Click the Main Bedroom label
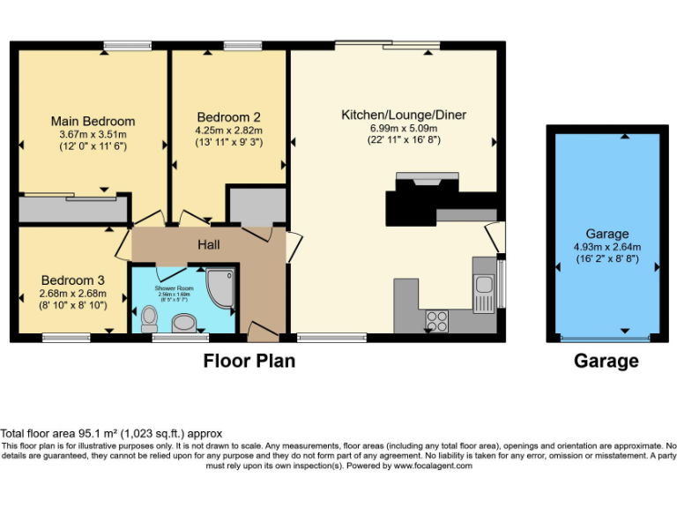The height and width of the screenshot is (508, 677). [x=93, y=121]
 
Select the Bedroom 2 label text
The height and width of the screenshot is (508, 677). [x=228, y=116]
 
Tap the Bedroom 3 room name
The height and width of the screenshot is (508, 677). [x=72, y=280]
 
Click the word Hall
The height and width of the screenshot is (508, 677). [x=209, y=244]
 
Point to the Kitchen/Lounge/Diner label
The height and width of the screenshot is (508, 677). [x=404, y=115]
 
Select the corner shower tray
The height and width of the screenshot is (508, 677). [x=219, y=284]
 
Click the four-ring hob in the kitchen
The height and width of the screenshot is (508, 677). [x=438, y=319]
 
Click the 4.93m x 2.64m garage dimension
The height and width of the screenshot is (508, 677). [x=607, y=247]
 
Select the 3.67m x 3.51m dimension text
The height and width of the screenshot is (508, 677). [x=93, y=134]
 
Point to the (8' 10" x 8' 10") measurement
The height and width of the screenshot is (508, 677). [x=72, y=305]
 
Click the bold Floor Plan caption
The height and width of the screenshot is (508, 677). [x=249, y=361]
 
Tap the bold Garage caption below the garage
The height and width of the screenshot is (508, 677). [x=606, y=361]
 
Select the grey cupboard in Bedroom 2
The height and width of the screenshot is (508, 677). [x=257, y=205]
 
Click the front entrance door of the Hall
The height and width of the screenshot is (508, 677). [x=261, y=332]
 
